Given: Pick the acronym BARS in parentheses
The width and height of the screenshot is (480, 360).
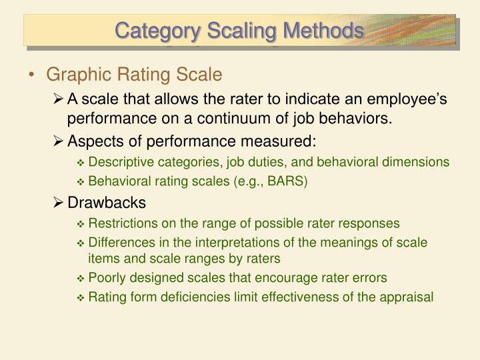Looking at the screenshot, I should pyautogui.click(x=287, y=180).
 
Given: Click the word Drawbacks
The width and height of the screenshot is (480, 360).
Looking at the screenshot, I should pyautogui.click(x=107, y=202).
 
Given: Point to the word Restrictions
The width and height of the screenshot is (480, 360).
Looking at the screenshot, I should pyautogui.click(x=120, y=223).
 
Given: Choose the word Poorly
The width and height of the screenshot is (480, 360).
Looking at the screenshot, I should pyautogui.click(x=107, y=277).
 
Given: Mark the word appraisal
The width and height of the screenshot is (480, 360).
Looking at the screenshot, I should pyautogui.click(x=408, y=297).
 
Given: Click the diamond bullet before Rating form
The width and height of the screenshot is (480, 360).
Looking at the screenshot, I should pyautogui.click(x=81, y=298).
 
